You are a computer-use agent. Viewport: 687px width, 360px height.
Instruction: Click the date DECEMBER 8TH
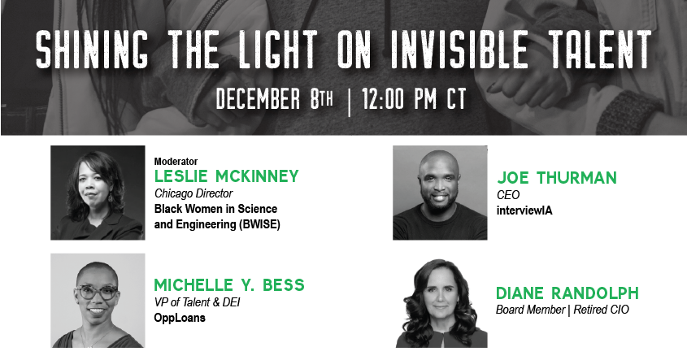[x=275, y=100]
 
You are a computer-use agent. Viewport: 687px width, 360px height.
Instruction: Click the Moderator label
[x=176, y=161]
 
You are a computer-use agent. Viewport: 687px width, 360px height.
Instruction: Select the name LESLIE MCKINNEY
[x=226, y=176]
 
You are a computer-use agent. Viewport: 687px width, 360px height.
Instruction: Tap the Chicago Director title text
[x=193, y=193]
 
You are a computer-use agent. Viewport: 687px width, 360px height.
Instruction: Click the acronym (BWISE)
[x=253, y=223]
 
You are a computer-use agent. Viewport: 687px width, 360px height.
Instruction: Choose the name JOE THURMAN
[x=556, y=178]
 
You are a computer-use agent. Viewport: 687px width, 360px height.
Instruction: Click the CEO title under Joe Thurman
[x=507, y=195]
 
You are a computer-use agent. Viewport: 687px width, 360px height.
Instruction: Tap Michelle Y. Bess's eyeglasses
[x=96, y=293]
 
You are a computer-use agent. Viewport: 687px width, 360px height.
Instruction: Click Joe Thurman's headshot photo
[x=440, y=193]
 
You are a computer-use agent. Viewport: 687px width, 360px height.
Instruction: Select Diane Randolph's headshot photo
[x=440, y=304]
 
